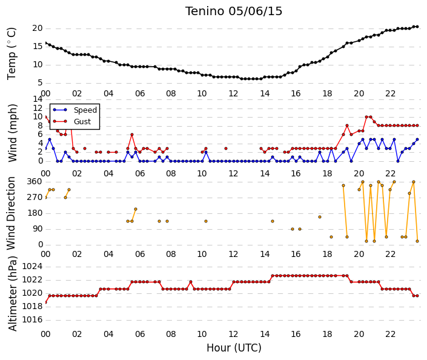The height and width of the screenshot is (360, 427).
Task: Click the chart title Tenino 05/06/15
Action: pos(234,12)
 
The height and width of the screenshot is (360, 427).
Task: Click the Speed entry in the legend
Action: pos(85,110)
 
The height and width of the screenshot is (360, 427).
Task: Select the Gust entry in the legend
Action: pos(82,122)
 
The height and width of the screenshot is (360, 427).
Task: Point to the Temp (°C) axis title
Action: pos(12,54)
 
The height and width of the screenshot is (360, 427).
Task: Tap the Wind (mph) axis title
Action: pos(12,133)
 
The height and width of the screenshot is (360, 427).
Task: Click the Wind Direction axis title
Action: pos(11,213)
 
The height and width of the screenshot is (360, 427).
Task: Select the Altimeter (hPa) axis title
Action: pos(12,293)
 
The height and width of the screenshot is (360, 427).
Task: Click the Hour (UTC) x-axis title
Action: pos(234,348)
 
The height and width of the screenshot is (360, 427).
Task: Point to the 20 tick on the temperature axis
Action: pos(38,28)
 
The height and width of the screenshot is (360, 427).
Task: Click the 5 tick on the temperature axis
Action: pos(40,83)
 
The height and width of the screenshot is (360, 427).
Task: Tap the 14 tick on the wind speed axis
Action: pos(38,99)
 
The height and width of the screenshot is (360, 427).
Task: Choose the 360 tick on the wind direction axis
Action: pos(35,182)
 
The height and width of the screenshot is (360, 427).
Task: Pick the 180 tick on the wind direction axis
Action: pos(35,213)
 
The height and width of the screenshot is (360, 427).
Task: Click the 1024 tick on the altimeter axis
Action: pos(33,266)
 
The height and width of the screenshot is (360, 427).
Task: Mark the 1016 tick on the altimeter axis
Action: pos(33,319)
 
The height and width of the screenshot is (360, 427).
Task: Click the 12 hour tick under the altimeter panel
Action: pos(233,335)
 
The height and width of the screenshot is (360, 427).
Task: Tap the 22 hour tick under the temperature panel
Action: pos(390,94)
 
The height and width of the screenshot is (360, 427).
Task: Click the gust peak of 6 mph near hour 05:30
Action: pos(132,135)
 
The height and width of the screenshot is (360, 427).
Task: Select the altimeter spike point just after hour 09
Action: pos(191,282)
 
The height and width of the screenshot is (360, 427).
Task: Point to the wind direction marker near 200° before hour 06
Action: pos(136,209)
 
